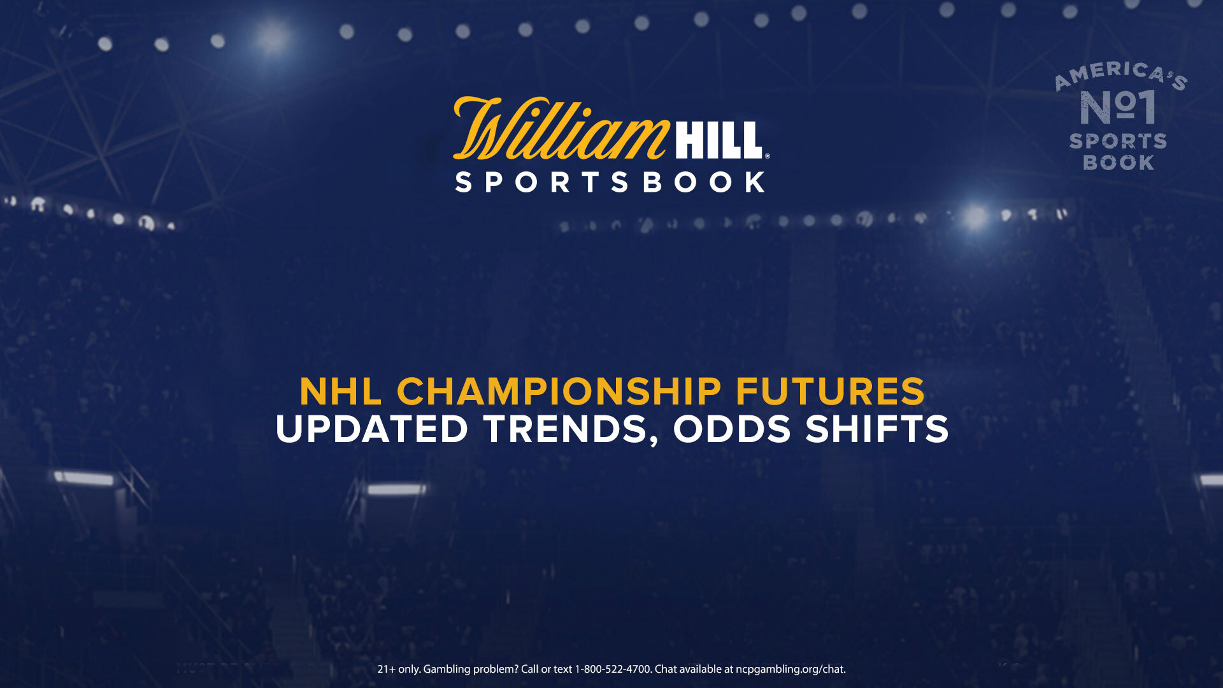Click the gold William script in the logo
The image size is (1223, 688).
pyautogui.click(x=561, y=129)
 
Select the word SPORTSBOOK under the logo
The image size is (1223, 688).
pyautogui.click(x=610, y=182)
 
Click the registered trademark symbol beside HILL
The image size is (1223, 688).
pyautogui.click(x=767, y=155)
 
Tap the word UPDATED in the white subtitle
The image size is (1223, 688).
pyautogui.click(x=372, y=429)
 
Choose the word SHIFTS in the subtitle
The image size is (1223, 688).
pyautogui.click(x=876, y=429)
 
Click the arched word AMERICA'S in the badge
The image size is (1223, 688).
pyautogui.click(x=1121, y=75)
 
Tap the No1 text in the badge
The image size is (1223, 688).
pyautogui.click(x=1118, y=107)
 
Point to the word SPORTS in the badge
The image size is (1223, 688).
pyautogui.click(x=1118, y=141)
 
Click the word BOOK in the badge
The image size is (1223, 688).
pyautogui.click(x=1119, y=162)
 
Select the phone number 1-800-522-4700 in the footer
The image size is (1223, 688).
pyautogui.click(x=613, y=670)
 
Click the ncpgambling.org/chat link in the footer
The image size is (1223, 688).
pyautogui.click(x=790, y=670)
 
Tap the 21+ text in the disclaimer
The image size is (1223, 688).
pyautogui.click(x=387, y=670)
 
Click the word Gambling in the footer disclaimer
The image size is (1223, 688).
pyautogui.click(x=447, y=670)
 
